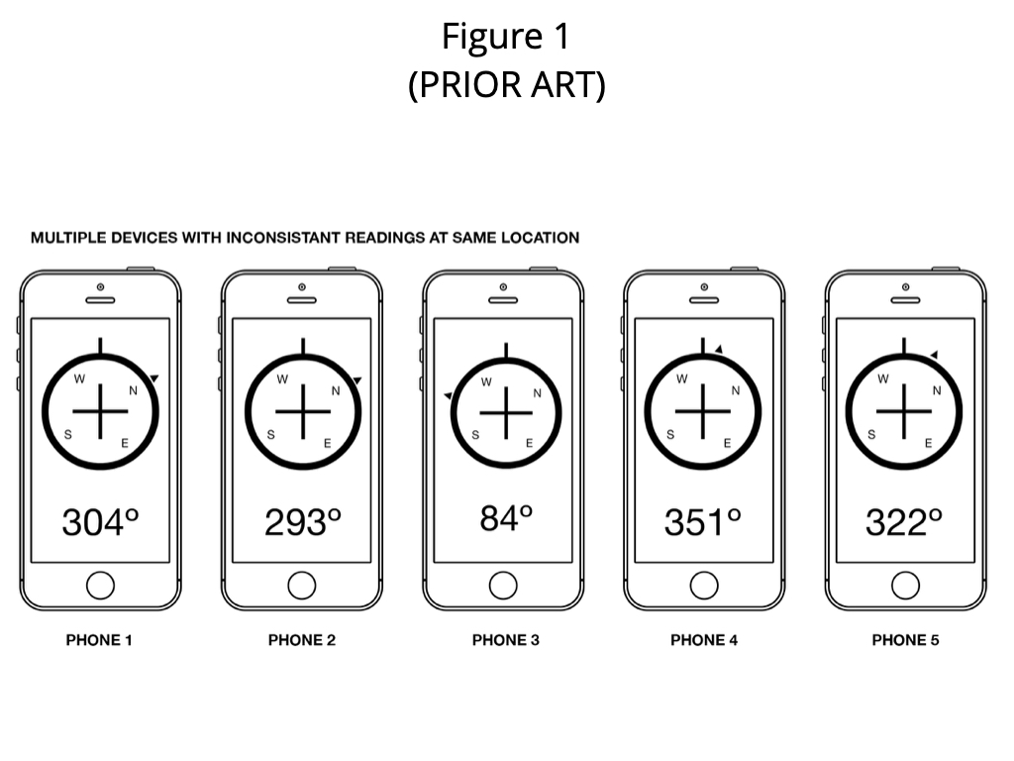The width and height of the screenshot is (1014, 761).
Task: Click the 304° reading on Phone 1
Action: [100, 522]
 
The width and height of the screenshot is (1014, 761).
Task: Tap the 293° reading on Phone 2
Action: [303, 522]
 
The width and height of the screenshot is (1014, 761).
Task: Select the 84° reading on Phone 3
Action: [506, 518]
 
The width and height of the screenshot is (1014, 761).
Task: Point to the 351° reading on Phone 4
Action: [703, 522]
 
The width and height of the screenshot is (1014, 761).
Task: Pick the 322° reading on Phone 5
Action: [904, 522]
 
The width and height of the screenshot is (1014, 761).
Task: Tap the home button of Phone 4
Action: [704, 586]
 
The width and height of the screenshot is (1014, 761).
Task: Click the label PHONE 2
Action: [302, 640]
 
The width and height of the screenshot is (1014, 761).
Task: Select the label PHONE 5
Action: [905, 640]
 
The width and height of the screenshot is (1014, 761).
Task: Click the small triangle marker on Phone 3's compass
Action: [448, 394]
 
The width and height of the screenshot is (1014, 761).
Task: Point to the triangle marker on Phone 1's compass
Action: [153, 378]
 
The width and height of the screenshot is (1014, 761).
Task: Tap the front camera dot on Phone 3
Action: [503, 286]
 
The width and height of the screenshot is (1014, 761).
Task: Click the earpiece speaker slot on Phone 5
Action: [905, 300]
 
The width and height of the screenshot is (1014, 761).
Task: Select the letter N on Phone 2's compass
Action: [336, 390]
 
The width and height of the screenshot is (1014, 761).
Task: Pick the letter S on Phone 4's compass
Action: [670, 434]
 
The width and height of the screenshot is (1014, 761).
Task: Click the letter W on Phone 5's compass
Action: [882, 379]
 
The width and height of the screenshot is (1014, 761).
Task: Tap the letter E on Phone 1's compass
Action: [125, 443]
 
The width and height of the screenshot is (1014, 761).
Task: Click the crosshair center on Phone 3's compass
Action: [506, 412]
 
